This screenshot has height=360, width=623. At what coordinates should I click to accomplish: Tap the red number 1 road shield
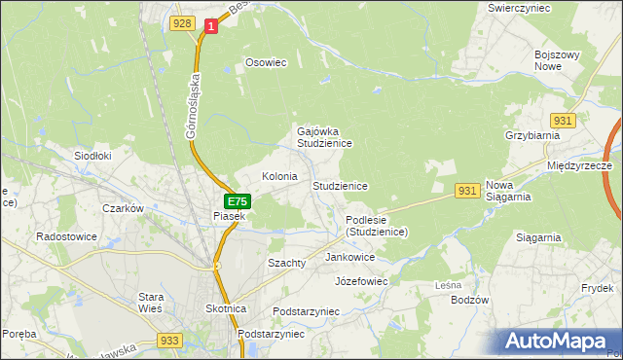(209, 27)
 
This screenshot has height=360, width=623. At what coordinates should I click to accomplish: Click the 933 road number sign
(168, 340)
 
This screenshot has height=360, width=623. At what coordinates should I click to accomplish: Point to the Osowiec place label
(266, 62)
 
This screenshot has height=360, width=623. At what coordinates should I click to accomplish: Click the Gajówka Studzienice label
(324, 136)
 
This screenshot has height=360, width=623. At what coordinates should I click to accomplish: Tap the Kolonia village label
(279, 176)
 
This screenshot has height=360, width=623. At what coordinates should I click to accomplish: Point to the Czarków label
(124, 208)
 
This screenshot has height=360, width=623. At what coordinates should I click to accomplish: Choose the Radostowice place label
(64, 235)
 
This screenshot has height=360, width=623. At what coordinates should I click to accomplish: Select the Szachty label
(287, 263)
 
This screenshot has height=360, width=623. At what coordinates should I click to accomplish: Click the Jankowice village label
(350, 257)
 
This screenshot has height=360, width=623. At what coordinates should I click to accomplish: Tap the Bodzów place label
(469, 300)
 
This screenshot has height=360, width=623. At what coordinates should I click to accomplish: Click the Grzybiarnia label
(531, 135)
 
